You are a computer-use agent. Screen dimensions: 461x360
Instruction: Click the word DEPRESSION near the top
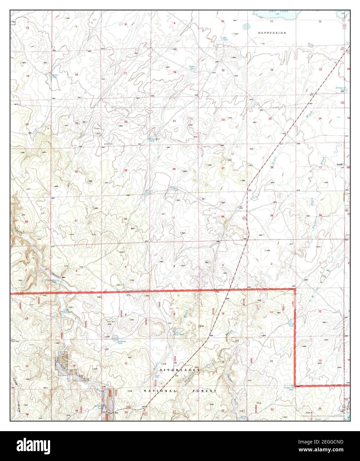point(272,33)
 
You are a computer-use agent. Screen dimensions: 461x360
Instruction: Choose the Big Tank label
point(225,39)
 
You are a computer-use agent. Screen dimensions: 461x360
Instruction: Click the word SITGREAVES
point(180,370)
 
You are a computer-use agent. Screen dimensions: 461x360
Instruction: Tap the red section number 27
point(223,169)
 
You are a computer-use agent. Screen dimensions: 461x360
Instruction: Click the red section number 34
point(223,217)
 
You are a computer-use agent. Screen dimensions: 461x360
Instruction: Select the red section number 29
point(125,170)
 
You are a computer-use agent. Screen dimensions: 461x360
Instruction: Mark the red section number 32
point(125,219)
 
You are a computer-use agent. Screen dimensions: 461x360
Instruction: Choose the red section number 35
point(271,216)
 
